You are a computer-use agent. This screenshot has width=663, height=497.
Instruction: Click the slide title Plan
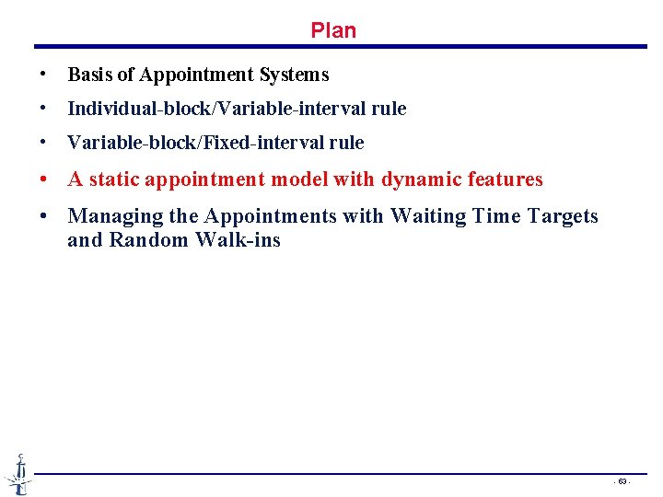[x=333, y=30]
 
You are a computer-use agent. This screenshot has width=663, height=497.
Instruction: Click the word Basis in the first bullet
[x=88, y=75]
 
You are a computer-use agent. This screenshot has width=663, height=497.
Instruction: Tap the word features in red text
[x=503, y=179]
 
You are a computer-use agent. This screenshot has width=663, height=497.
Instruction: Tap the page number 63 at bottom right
[x=622, y=481]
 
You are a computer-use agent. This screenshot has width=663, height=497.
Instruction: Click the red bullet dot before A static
[x=44, y=179]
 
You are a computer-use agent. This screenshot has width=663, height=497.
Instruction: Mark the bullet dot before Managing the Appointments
[x=44, y=216]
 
